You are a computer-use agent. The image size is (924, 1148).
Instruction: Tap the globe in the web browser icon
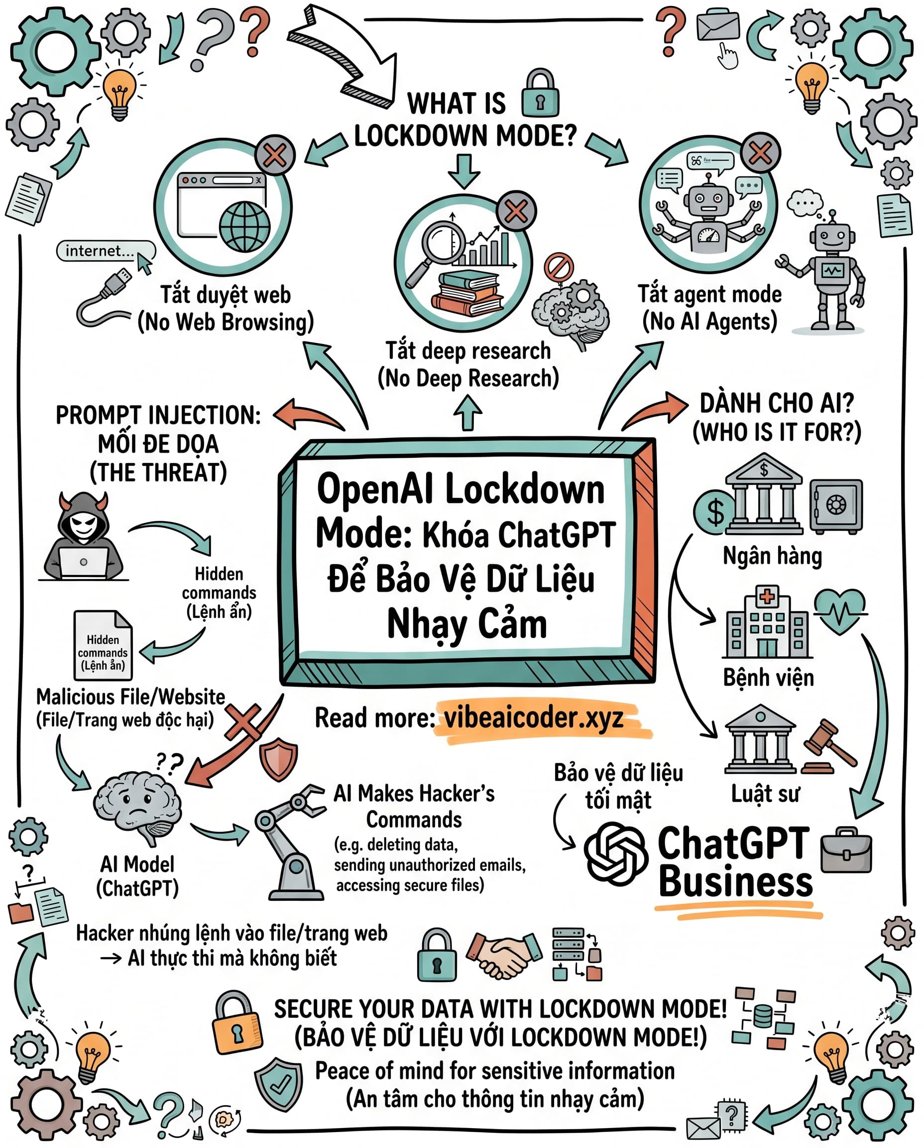click(244, 226)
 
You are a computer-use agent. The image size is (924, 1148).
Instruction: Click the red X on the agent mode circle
click(760, 153)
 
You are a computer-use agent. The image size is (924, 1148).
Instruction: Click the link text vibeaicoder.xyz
click(533, 718)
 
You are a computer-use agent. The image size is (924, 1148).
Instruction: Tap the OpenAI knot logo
click(616, 854)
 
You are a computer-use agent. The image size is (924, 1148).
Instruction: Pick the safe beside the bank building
click(836, 506)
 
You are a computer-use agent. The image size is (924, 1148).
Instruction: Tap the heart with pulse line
click(839, 611)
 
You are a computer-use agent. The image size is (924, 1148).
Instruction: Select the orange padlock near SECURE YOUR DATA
click(236, 1022)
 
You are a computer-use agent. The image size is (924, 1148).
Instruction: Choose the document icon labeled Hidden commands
click(103, 645)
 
